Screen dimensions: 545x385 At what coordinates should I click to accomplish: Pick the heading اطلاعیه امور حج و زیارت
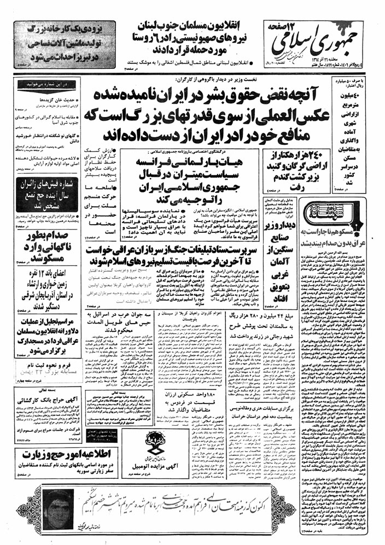(x=51, y=456)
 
